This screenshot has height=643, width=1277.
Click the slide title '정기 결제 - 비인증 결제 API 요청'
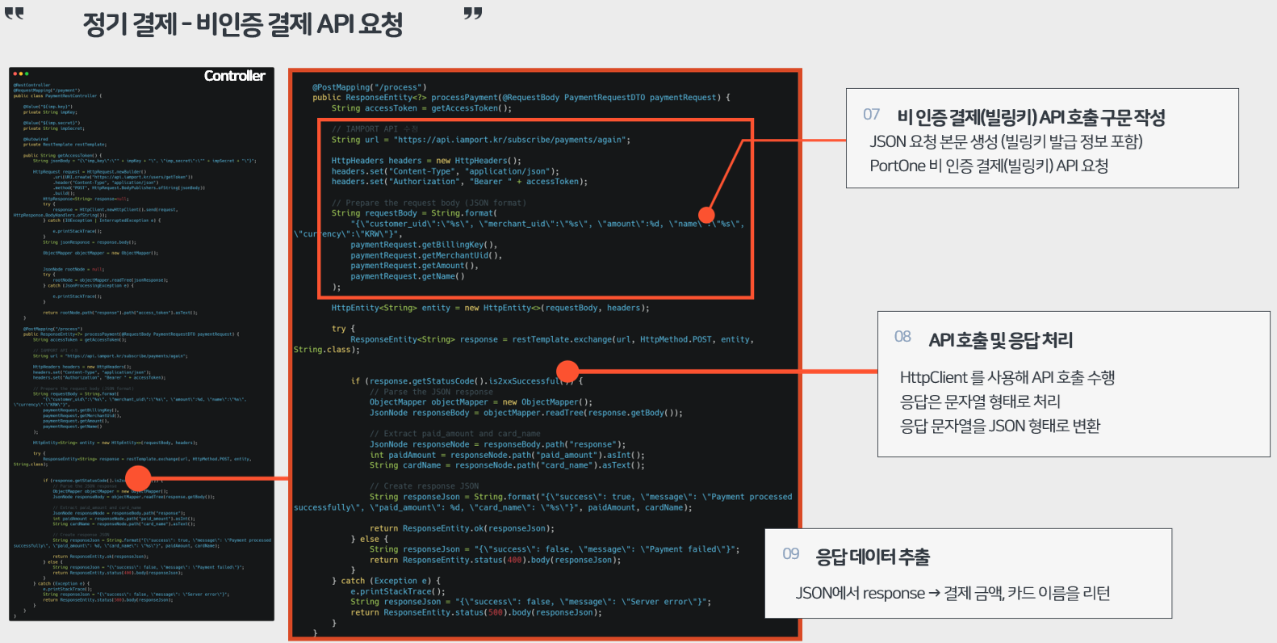(x=242, y=24)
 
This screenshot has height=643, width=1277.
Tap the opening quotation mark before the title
(x=15, y=14)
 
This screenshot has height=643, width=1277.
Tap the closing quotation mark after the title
(x=473, y=14)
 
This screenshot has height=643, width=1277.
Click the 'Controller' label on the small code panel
(x=234, y=76)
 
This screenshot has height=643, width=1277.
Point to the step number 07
(x=871, y=115)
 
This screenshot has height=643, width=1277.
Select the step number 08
(x=902, y=337)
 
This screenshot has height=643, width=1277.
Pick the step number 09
(x=790, y=554)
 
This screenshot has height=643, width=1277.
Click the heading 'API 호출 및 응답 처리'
(x=1000, y=340)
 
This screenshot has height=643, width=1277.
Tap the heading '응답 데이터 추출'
(x=873, y=557)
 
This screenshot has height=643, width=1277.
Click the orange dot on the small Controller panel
(x=138, y=477)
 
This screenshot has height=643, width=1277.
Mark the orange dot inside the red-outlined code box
(x=706, y=215)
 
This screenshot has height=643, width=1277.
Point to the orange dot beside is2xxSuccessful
(x=568, y=371)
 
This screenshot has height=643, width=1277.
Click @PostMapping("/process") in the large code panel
(x=370, y=87)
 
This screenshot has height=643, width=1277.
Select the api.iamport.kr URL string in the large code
(x=509, y=140)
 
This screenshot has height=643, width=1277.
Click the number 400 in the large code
(x=514, y=560)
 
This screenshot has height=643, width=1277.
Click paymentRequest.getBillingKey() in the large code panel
(x=424, y=245)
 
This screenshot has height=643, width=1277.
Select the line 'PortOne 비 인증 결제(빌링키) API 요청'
(x=988, y=166)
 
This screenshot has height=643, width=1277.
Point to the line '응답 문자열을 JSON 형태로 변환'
(x=1000, y=426)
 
